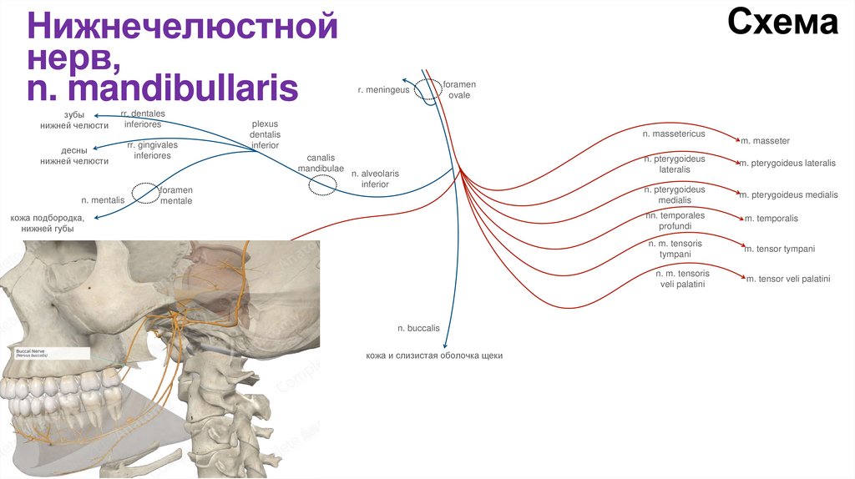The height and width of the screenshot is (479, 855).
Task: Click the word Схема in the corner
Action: [782, 23]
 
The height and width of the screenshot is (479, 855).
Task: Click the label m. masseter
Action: [765, 141]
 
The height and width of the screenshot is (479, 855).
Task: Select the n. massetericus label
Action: [674, 134]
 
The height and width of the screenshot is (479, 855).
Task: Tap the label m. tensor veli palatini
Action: [787, 279]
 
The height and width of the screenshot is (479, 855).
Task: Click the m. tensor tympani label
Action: [779, 249]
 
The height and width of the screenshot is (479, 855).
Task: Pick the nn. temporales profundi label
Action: [675, 220]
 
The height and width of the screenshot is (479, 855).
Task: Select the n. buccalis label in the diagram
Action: [417, 329]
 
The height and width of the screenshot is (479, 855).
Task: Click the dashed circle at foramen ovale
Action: [429, 88]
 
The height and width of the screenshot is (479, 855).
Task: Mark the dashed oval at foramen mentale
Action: [144, 194]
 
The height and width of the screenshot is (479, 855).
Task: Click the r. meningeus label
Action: [383, 89]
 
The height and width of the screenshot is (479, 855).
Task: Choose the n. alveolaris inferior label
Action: [375, 179]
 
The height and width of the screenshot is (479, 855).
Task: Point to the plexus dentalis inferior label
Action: [265, 134]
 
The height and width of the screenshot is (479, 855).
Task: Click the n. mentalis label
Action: [103, 200]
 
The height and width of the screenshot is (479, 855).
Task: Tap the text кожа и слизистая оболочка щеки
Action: [433, 355]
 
